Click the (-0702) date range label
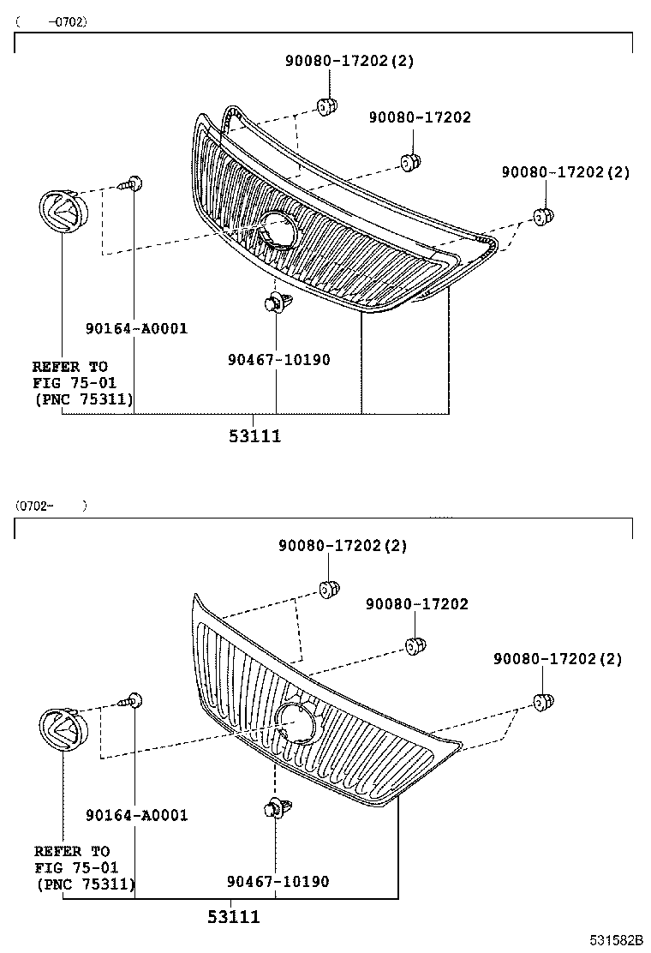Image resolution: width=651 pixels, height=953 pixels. click(x=51, y=21)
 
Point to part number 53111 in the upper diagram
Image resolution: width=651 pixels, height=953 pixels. click(x=254, y=436)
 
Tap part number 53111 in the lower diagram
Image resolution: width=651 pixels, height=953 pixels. click(x=233, y=918)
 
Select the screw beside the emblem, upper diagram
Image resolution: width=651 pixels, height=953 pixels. click(x=133, y=183)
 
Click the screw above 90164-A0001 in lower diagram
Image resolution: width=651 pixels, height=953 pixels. click(x=133, y=701)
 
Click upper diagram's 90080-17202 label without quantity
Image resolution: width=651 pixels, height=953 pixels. click(x=420, y=117)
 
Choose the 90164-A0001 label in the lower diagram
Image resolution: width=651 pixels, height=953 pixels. click(x=136, y=815)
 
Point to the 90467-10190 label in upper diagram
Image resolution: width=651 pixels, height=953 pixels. click(x=278, y=360)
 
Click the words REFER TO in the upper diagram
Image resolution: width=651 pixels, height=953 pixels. click(x=70, y=367)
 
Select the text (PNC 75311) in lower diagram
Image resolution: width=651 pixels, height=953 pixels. click(x=85, y=883)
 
